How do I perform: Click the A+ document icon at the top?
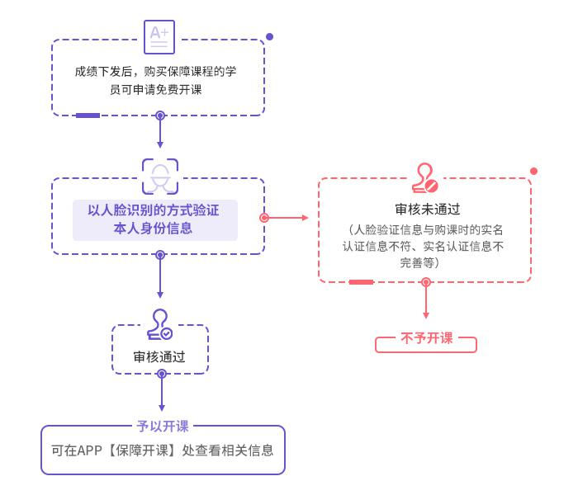[159, 36]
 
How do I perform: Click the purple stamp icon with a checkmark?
[159, 324]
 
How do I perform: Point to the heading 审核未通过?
[427, 210]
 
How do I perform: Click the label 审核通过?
[159, 357]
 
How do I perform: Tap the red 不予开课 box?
[426, 338]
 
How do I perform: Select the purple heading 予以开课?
[162, 427]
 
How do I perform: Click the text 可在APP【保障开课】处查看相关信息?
[162, 451]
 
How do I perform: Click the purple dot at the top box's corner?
[269, 37]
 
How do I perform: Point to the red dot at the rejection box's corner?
[533, 171]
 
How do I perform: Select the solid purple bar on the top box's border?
[88, 115]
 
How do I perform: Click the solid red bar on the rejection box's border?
[361, 282]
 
